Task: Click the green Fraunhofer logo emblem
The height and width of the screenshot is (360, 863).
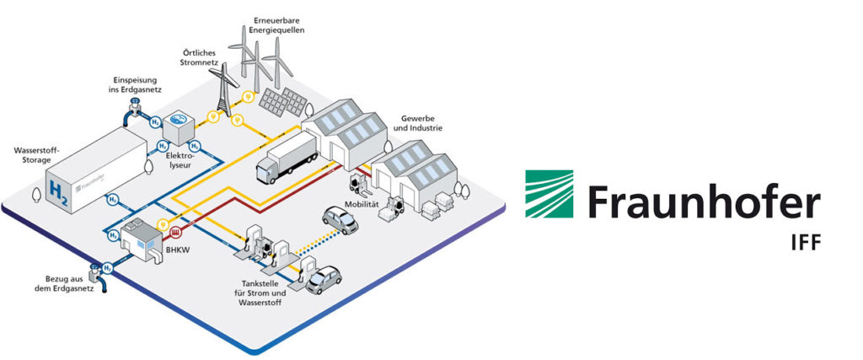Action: (x=549, y=194)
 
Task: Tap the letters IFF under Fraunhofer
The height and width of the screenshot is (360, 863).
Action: (x=801, y=243)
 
